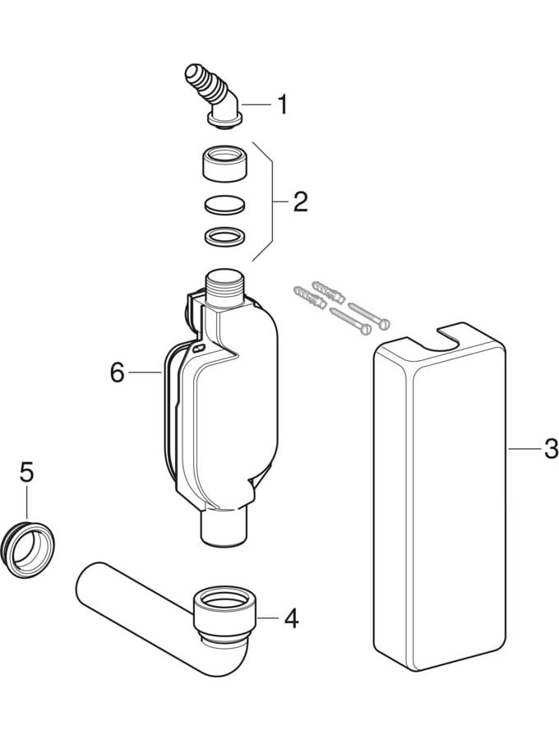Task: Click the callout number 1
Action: [282, 104]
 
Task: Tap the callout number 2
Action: [301, 202]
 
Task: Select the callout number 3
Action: [551, 449]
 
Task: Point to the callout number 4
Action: [292, 617]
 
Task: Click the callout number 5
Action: [27, 472]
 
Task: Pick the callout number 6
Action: [117, 372]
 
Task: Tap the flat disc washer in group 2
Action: [225, 204]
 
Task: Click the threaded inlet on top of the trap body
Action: [224, 289]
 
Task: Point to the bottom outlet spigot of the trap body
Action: [224, 528]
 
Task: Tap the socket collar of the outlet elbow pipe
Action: [224, 609]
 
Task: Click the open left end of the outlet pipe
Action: [85, 582]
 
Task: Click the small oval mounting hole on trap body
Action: [199, 349]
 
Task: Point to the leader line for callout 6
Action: [146, 372]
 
